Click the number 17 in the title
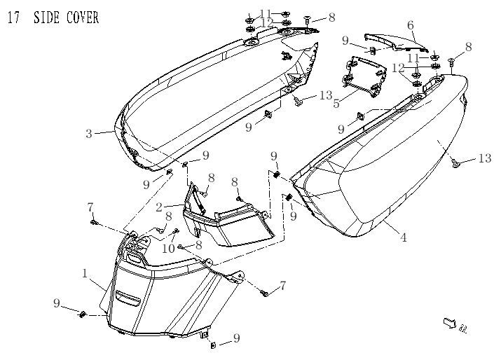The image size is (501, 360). (13, 18)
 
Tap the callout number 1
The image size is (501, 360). (85, 274)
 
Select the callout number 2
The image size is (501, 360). (159, 207)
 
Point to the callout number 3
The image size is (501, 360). (89, 134)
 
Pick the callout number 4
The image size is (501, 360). (404, 238)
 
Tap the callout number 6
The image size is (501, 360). (411, 25)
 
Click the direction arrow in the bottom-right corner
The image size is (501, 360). (449, 323)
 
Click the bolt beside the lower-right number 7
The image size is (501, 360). (266, 293)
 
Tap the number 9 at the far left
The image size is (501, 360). (57, 303)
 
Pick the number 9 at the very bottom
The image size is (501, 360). (236, 338)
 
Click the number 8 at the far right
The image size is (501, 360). (468, 46)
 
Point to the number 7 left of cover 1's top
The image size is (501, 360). (90, 207)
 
